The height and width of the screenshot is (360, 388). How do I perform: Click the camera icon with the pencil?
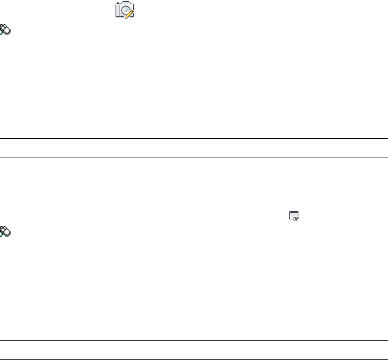125,10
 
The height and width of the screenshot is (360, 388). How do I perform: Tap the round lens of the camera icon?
123,10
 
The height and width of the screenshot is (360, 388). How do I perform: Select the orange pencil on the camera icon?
130,13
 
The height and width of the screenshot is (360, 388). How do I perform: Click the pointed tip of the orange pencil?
126,16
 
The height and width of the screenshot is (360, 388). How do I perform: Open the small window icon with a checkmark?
294,216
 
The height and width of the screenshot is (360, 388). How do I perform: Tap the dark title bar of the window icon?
294,212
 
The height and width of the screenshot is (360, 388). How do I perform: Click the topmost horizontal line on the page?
194,139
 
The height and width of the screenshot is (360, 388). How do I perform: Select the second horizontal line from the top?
194,158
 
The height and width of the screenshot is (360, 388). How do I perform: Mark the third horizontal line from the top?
194,340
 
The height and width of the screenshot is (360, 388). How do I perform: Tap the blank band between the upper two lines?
194,148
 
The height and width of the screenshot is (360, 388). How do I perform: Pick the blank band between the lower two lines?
194,350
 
